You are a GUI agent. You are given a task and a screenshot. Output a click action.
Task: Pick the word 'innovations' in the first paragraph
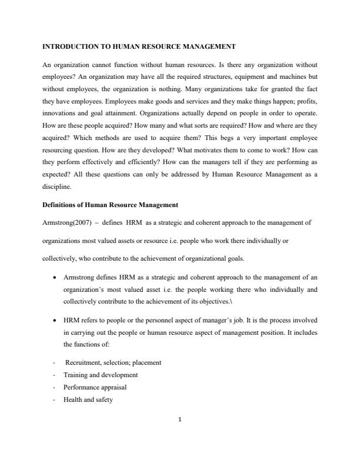pyautogui.click(x=61, y=112)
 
